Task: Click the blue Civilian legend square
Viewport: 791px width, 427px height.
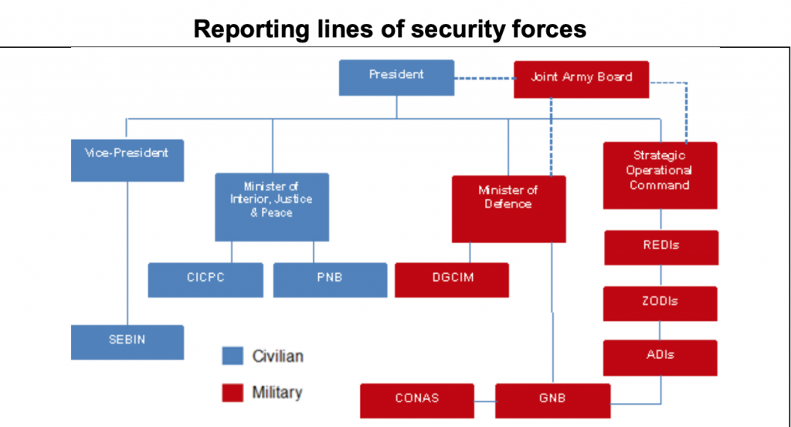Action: point(233,356)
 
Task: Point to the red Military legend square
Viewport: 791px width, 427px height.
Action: point(233,391)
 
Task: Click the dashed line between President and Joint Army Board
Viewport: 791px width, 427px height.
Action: point(484,78)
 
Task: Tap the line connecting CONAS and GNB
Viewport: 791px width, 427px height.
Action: point(484,401)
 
